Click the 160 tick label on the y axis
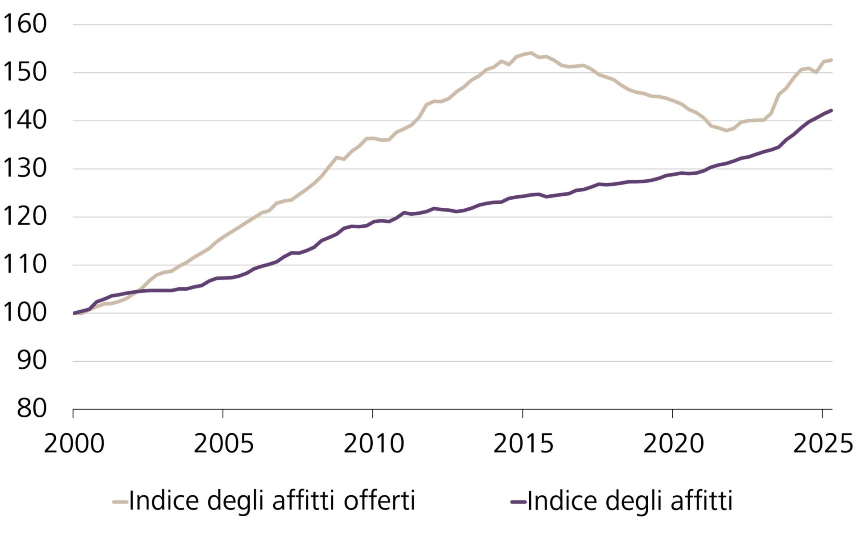pos(25,24)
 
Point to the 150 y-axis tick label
pos(25,72)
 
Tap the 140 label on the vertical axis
pos(25,120)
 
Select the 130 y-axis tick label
pos(25,169)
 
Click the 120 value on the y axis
pos(25,217)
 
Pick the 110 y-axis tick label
pos(25,265)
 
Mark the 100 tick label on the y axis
pos(25,313)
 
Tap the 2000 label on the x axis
pos(74,444)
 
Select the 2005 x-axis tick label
pos(224,444)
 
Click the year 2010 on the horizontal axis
pos(374,444)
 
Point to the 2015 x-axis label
pos(523,444)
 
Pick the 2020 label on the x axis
pos(673,444)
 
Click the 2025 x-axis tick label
pos(823,444)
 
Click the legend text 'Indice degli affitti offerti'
pos(272,501)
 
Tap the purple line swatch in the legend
pos(519,502)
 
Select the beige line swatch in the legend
pos(120,502)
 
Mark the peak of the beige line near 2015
pos(530,53)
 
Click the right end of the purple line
pos(831,110)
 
